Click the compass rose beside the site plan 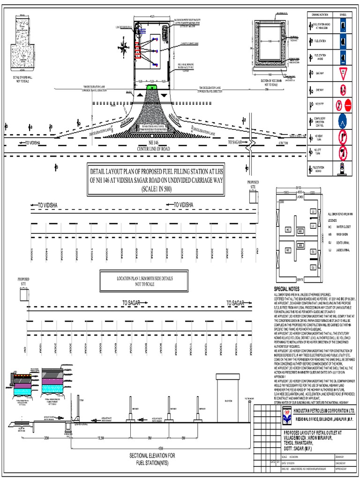point(124,47)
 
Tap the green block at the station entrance point(152,87)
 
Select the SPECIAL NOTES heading point(286,289)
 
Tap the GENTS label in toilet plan point(300,280)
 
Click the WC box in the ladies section point(287,230)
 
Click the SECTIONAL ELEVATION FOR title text point(153,455)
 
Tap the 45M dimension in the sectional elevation point(147,447)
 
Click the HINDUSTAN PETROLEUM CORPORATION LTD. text point(323,411)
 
